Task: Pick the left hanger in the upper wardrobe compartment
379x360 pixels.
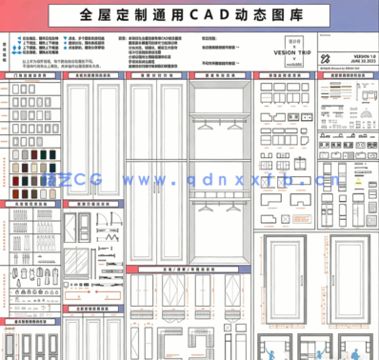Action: click(206, 123)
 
